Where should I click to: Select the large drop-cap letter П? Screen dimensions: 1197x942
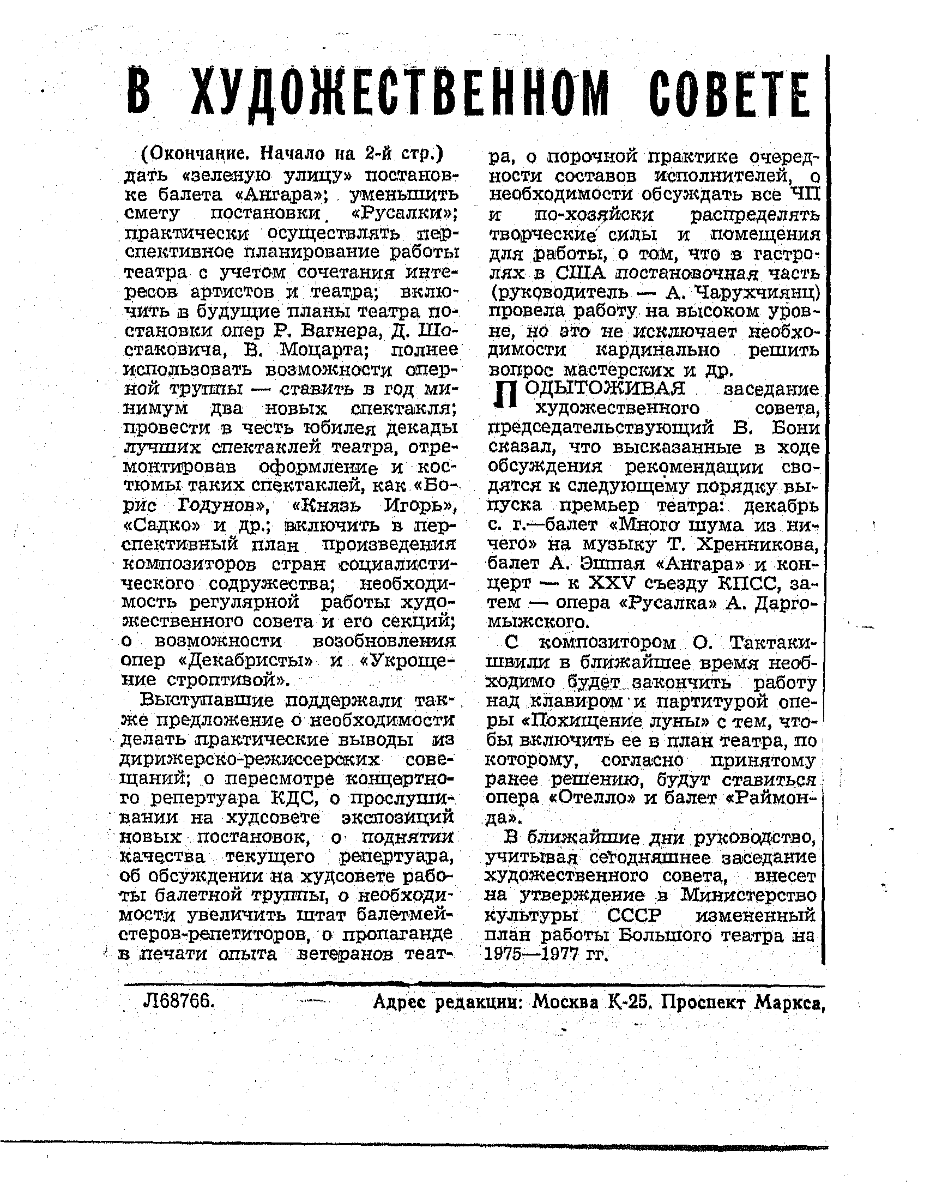pos(506,395)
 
